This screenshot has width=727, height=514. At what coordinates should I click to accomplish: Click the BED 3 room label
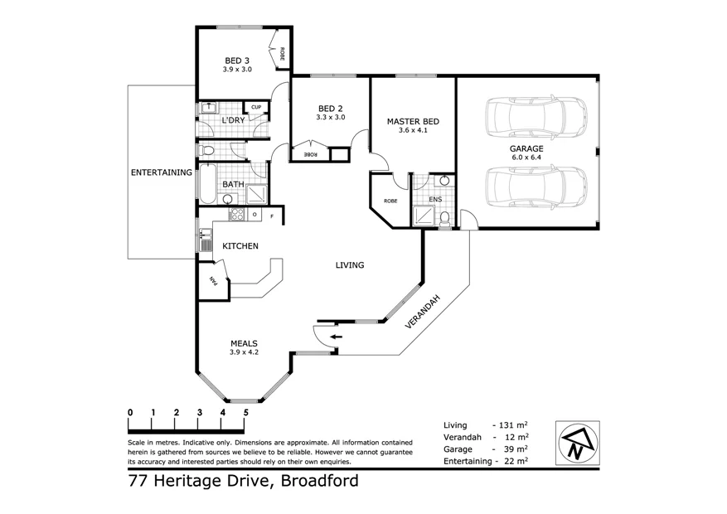(237, 60)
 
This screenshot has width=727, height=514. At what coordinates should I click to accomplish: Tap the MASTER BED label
(413, 121)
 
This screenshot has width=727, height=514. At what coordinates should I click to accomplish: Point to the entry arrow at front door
(336, 337)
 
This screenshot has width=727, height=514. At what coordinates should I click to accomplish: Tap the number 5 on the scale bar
(245, 413)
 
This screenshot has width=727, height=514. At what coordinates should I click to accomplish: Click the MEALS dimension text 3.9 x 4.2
(245, 352)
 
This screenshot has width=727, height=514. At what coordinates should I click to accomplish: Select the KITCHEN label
(240, 246)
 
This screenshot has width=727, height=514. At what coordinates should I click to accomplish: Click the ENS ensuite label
(435, 200)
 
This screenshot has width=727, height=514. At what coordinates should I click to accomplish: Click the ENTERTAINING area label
(162, 173)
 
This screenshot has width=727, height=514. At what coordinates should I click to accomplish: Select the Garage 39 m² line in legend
(487, 449)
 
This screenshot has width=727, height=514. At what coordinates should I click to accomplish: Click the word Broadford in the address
(320, 481)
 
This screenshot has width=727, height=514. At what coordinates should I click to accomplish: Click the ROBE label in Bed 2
(310, 155)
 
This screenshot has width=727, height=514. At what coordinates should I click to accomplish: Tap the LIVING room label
(350, 265)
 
